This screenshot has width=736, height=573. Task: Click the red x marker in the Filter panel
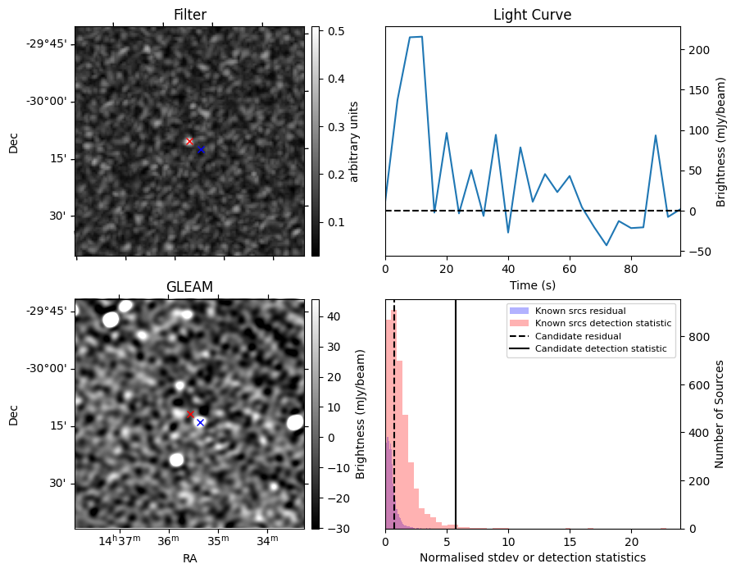click(189, 141)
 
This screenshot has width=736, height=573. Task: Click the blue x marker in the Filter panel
click(201, 149)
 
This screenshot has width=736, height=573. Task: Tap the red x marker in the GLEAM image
click(190, 414)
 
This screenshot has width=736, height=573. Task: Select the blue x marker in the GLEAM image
click(200, 422)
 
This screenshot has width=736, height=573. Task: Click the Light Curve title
click(532, 15)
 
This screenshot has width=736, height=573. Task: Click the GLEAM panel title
click(189, 287)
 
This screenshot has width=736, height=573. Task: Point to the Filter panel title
click(189, 15)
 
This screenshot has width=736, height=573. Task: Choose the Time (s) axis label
click(532, 284)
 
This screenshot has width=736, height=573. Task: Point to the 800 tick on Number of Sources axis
click(696, 337)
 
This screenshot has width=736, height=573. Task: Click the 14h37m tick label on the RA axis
click(120, 540)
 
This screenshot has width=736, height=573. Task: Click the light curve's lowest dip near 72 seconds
click(607, 245)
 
